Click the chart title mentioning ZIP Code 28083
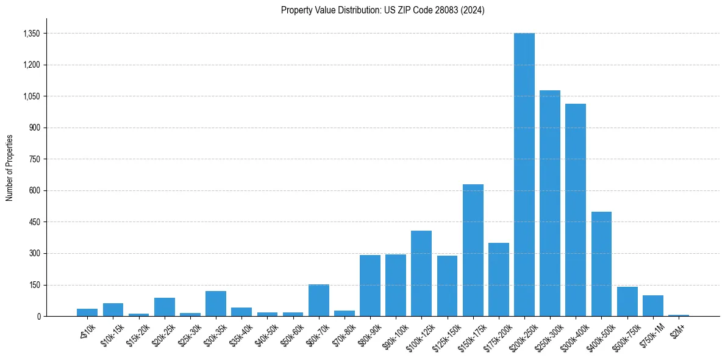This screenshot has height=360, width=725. coord(382,10)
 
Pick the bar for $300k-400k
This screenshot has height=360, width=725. coord(575,210)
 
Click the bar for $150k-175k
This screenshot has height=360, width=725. coord(473,250)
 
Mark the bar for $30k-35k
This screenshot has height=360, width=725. coord(216,304)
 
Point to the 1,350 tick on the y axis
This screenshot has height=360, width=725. coord(31,34)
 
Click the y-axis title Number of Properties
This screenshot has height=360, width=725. coord(10,168)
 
